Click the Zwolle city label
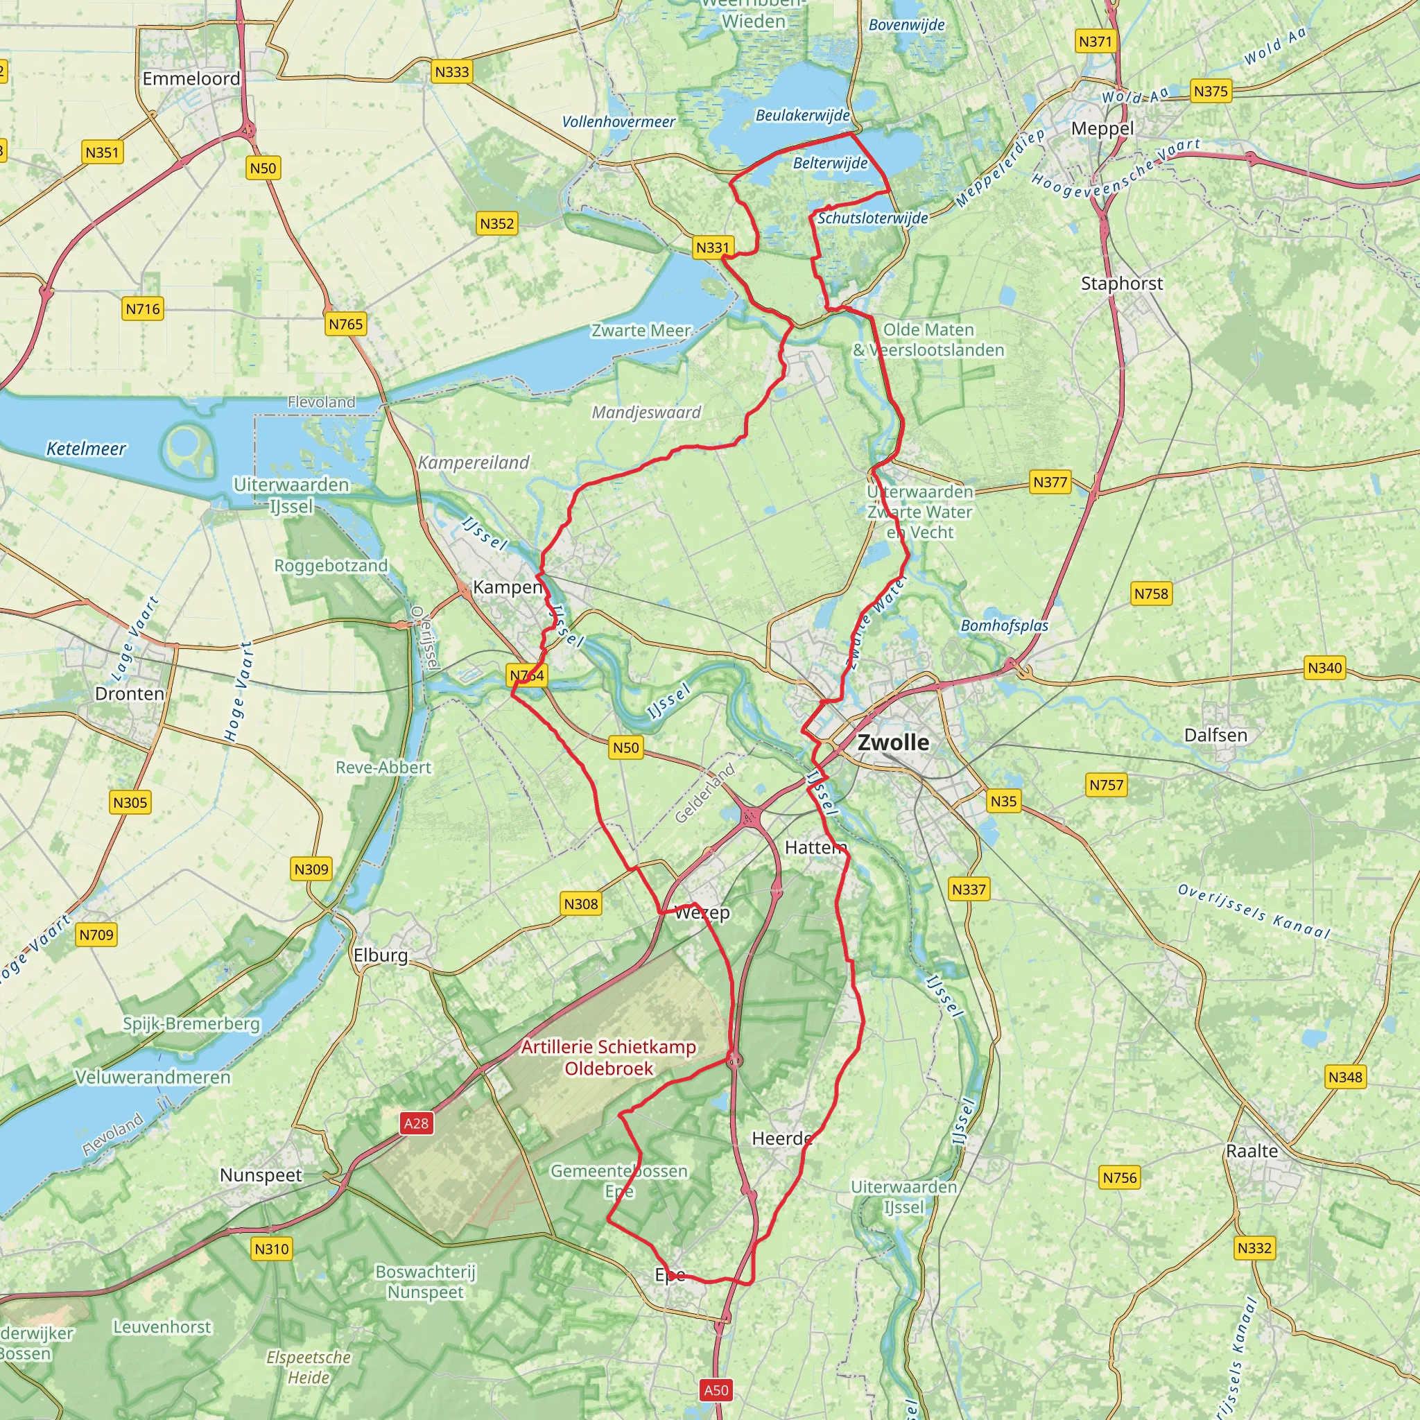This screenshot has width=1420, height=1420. (x=893, y=743)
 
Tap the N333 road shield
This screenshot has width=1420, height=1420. (x=451, y=72)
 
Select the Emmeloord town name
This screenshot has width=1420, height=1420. (x=191, y=78)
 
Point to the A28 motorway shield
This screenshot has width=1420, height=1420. (x=416, y=1123)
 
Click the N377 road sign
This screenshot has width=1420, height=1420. (x=1050, y=482)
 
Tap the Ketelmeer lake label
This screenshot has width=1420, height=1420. (x=86, y=449)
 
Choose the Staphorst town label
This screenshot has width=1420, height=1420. (x=1122, y=284)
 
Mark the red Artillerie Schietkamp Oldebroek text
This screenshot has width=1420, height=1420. (x=609, y=1057)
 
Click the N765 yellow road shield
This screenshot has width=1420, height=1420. (x=345, y=324)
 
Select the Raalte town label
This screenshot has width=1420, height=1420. (x=1252, y=1151)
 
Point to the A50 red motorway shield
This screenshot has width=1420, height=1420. (x=716, y=1390)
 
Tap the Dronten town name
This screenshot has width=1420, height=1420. (x=130, y=694)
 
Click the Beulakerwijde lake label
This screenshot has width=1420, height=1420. (x=803, y=115)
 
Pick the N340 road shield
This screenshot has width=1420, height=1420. (x=1324, y=668)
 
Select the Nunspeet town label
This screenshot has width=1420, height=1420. (x=261, y=1175)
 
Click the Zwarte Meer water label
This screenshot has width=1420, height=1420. (x=641, y=331)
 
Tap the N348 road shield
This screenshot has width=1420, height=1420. (x=1345, y=1077)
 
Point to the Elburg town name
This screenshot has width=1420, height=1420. (x=380, y=955)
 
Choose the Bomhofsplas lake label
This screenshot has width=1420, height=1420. (x=1004, y=625)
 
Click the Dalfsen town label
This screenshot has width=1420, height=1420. (x=1215, y=735)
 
